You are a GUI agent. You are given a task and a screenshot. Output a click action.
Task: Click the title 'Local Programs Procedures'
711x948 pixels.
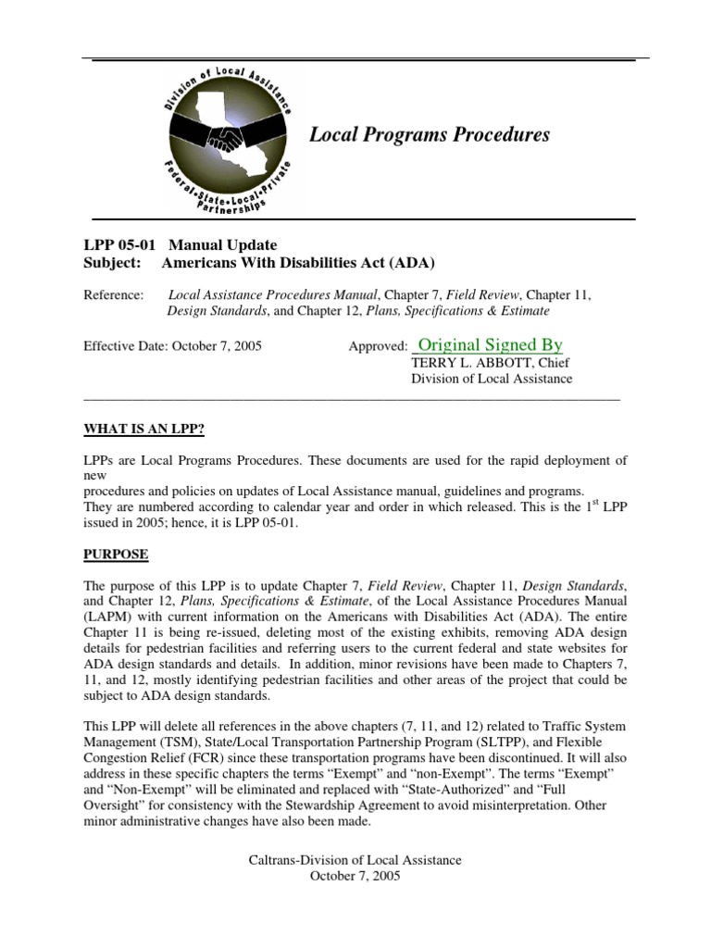point(429,135)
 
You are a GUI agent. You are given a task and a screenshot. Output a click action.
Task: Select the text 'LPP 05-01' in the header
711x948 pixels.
point(116,245)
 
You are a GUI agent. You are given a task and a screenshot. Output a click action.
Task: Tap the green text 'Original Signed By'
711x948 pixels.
point(490,345)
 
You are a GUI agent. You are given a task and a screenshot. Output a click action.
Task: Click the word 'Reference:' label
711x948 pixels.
point(114,294)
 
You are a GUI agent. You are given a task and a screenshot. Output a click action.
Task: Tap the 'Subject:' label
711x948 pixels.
point(112,262)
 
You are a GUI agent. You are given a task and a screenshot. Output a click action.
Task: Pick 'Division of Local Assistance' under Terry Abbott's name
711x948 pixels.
point(492,379)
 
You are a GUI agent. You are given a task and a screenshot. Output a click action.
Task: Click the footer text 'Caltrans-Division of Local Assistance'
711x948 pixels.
point(355,860)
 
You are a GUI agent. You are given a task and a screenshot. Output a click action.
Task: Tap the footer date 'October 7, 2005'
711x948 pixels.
point(355,877)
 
